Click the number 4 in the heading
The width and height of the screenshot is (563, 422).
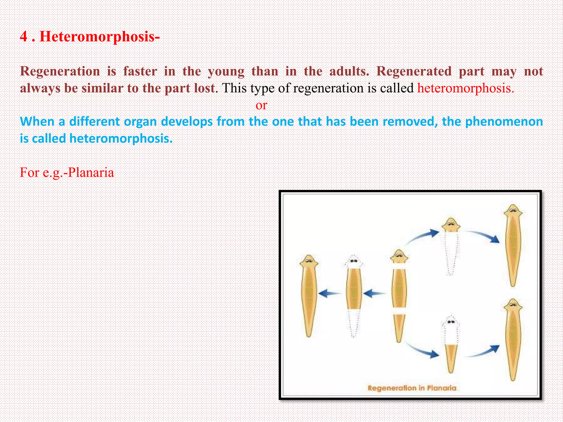24,37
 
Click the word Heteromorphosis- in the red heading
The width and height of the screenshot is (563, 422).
100,37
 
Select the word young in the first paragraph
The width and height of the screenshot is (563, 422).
226,71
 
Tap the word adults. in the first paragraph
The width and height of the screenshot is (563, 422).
349,71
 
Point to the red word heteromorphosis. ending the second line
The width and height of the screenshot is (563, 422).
466,88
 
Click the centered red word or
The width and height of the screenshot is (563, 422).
261,105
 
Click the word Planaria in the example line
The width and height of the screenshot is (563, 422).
91,173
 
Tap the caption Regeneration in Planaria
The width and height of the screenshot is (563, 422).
412,388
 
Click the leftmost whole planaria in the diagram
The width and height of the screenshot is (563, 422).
309,295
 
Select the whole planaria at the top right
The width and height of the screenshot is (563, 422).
513,245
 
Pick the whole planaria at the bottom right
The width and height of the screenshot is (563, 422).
513,339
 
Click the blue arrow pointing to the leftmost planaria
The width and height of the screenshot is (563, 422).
329,293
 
